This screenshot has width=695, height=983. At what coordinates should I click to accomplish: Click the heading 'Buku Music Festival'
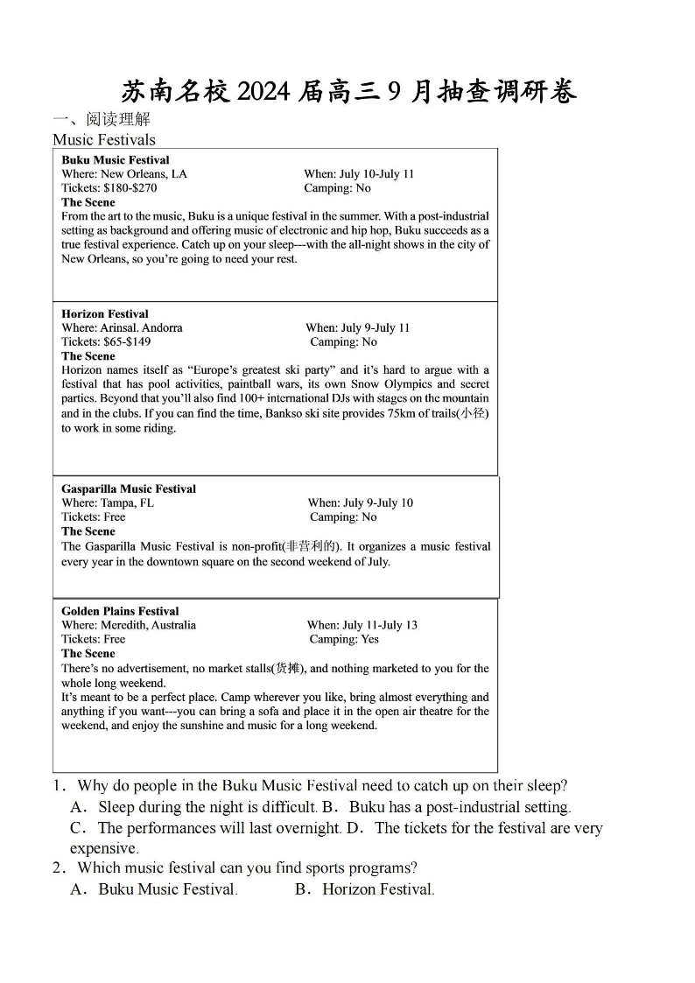(x=116, y=160)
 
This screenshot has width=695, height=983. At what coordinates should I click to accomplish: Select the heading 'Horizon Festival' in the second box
(x=105, y=313)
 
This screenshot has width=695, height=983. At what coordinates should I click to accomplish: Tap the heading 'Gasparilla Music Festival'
(x=129, y=488)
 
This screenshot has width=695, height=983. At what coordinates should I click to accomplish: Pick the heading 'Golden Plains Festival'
(x=120, y=611)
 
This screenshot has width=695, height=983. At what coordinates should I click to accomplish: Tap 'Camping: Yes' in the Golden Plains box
(x=344, y=639)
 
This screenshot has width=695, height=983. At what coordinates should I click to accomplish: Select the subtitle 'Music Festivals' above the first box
(x=104, y=140)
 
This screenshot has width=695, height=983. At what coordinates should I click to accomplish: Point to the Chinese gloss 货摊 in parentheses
(x=287, y=669)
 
